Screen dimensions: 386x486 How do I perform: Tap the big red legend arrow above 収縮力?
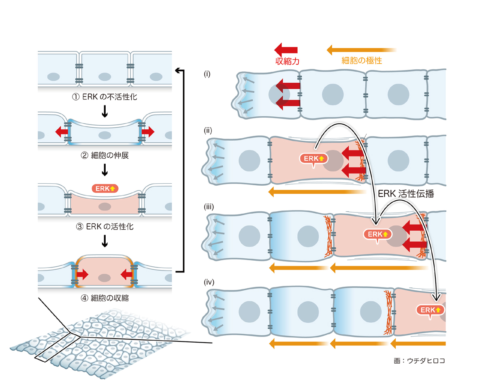point(286,49)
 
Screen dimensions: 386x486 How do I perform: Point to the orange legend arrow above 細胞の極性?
point(361,50)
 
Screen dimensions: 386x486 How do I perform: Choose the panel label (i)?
point(207,74)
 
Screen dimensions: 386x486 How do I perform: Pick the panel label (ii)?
point(208,131)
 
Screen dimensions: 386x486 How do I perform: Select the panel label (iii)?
point(209,206)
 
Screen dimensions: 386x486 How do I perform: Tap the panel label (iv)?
point(209,281)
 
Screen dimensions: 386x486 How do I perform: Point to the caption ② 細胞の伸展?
point(104,155)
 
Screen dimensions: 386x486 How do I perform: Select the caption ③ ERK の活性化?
point(104,226)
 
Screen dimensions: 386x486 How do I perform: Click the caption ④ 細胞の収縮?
point(104,298)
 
